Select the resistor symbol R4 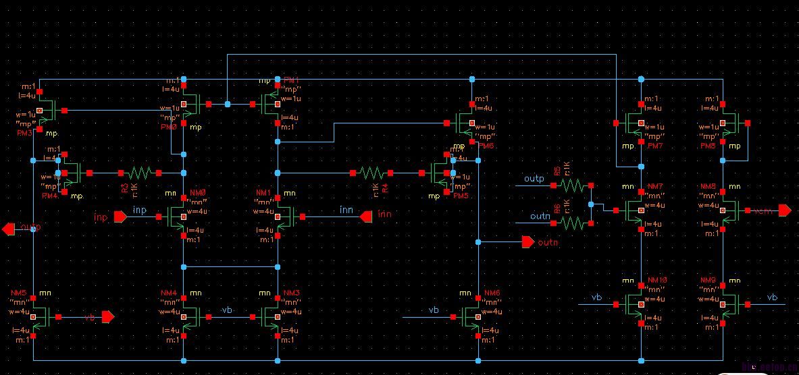(x=371, y=173)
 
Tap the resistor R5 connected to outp (x=572, y=184)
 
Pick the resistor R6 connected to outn (x=572, y=222)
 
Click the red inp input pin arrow (x=120, y=217)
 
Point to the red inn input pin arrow (x=365, y=217)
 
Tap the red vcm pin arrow (x=784, y=210)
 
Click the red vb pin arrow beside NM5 (x=107, y=316)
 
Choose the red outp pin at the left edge (x=8, y=229)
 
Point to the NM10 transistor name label (x=657, y=280)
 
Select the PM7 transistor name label (x=656, y=146)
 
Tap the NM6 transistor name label (x=492, y=293)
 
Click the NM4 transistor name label (x=169, y=293)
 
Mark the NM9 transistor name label (x=708, y=280)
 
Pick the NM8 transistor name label (x=708, y=186)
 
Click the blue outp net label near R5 (x=534, y=179)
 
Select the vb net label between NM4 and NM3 (x=228, y=310)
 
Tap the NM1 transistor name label (x=264, y=193)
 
